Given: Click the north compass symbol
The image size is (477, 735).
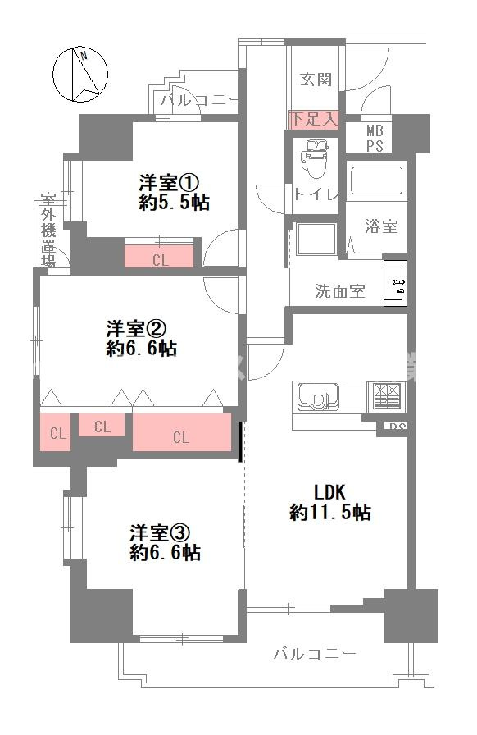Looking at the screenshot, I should coord(80,73).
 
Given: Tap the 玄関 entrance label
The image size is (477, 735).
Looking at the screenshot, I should coord(316,80).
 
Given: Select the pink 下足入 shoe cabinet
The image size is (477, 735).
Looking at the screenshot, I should coord(314,119).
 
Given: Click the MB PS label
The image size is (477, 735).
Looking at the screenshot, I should coord(375,139).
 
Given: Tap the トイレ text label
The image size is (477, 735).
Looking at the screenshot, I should coord(316,194).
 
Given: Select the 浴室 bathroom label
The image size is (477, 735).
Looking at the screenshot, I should coord(382,226).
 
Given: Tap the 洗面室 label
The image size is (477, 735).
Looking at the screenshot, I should coord(340,291).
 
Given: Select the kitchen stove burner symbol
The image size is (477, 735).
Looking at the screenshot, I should coord(387,396).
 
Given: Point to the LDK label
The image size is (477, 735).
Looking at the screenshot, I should coord(331,491).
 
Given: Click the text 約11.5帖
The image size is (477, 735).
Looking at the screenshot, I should coord(330,513).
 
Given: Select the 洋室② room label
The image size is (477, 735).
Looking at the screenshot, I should coord(136,328).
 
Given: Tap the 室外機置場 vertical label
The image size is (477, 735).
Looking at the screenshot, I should coord(48,230).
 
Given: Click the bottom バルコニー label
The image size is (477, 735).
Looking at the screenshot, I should coord(314,654).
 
